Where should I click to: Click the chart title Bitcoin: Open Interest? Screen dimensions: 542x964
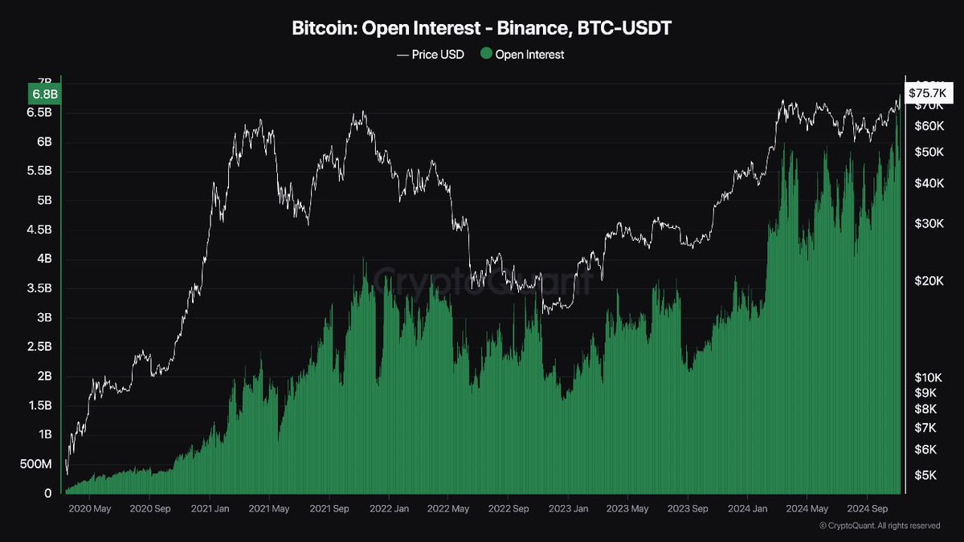pyautogui.click(x=482, y=29)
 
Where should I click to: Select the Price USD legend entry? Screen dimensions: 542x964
pyautogui.click(x=431, y=55)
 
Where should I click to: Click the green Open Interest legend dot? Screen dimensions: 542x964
pyautogui.click(x=485, y=55)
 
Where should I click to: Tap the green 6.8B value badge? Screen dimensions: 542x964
pyautogui.click(x=44, y=95)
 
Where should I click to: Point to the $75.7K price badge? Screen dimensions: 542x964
pyautogui.click(x=923, y=93)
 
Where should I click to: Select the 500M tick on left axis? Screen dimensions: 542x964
pyautogui.click(x=37, y=463)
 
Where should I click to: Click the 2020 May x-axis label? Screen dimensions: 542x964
pyautogui.click(x=89, y=508)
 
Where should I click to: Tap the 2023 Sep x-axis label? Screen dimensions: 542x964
pyautogui.click(x=688, y=508)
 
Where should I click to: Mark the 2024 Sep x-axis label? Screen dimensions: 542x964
pyautogui.click(x=868, y=508)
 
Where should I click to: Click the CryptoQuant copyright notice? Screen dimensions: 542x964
pyautogui.click(x=880, y=526)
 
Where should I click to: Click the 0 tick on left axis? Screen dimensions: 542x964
pyautogui.click(x=48, y=493)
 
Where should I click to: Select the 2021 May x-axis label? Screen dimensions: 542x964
pyautogui.click(x=269, y=508)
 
